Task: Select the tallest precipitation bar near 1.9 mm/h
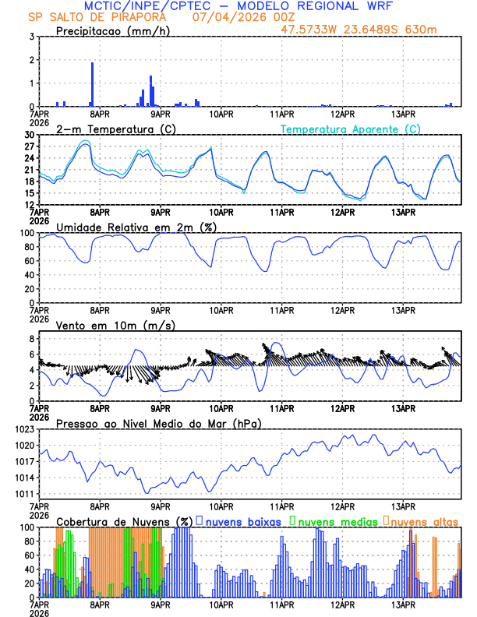point(92,84)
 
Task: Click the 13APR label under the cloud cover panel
point(402,604)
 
